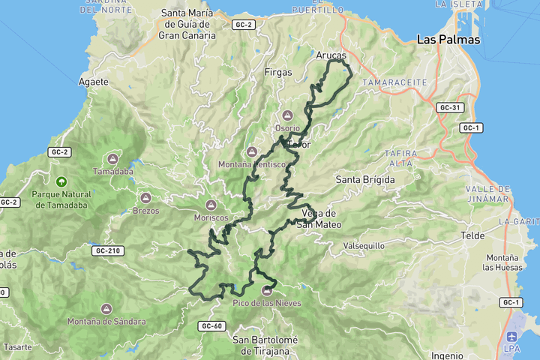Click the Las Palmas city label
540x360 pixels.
coord(448,40)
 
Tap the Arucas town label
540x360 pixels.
coord(331,55)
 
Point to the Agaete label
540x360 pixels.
coord(94,81)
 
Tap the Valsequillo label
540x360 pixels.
coord(363,245)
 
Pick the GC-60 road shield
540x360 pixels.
coord(212,326)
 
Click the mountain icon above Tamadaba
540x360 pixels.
coord(112,158)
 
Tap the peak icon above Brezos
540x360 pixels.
coord(146,198)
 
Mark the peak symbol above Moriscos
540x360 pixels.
coord(211,204)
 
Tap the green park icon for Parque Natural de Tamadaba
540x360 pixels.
coord(61,181)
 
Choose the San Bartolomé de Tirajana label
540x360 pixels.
coord(265,345)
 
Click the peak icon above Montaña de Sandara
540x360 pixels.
coord(106,308)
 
